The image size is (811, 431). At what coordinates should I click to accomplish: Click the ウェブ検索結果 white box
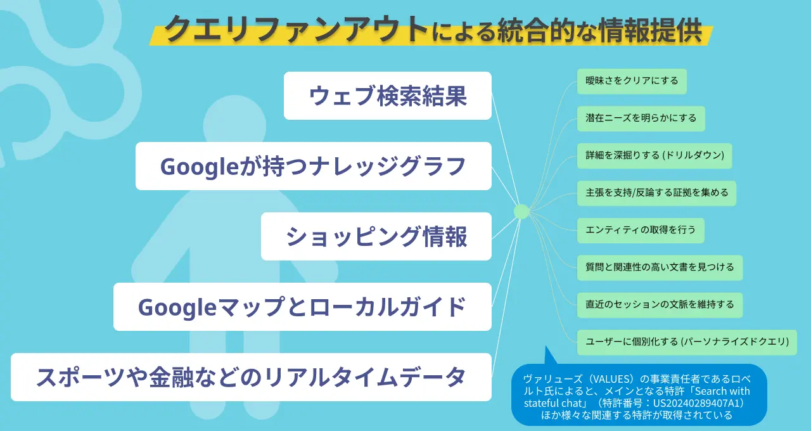click(387, 96)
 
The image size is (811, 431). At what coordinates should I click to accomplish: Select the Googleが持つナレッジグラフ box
click(314, 166)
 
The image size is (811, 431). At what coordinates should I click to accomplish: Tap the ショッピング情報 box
click(376, 236)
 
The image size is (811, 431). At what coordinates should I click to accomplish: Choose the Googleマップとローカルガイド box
click(302, 306)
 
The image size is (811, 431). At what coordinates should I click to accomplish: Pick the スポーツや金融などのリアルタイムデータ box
click(252, 376)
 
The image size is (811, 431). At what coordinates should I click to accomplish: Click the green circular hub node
click(521, 212)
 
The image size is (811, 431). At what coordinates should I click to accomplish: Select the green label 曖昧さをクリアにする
click(632, 81)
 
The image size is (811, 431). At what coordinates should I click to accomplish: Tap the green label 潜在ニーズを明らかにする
click(641, 119)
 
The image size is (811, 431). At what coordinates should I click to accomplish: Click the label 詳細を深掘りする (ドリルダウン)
click(655, 156)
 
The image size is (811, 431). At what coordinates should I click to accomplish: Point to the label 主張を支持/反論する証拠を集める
click(656, 193)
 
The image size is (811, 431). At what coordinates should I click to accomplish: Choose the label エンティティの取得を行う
click(641, 230)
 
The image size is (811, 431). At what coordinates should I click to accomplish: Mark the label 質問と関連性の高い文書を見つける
click(660, 267)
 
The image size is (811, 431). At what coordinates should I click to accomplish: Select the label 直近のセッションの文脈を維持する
click(660, 305)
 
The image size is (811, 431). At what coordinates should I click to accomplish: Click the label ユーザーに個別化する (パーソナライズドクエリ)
click(687, 342)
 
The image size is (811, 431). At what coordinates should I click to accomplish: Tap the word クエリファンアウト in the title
click(296, 30)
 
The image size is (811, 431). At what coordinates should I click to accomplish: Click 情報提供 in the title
click(651, 30)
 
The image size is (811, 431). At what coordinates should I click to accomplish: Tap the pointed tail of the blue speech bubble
click(546, 347)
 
